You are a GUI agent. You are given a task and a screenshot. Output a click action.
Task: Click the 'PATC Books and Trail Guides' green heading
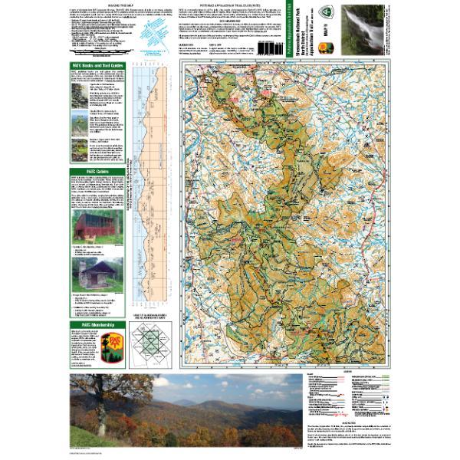[97, 66]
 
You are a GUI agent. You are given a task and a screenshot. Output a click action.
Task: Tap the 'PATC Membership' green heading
[97, 325]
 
